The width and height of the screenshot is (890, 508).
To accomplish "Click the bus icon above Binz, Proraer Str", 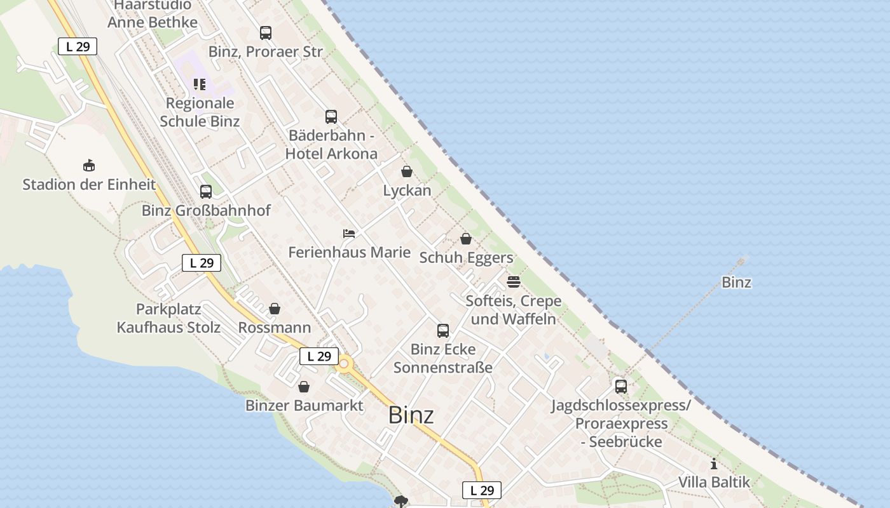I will point(266,33).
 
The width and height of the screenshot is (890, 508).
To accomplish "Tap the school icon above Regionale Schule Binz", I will point(200,84).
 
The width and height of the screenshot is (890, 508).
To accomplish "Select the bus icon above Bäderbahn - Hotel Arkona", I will point(331,117).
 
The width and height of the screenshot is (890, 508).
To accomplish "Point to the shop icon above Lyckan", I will point(407,171).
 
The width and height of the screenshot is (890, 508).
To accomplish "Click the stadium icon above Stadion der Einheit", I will point(89,166).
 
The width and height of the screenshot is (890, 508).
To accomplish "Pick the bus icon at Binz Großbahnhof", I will point(206,192).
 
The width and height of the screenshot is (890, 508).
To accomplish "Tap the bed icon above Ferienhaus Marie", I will point(349,234).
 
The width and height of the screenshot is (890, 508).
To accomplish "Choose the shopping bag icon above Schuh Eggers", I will point(466,239).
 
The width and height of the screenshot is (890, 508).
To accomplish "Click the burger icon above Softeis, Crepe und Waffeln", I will point(514,281).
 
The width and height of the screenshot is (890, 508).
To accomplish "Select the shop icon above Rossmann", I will point(275,309).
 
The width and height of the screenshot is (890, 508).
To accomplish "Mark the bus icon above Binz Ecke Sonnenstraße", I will point(443,331).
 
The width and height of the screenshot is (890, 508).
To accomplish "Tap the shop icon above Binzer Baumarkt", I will point(304,387).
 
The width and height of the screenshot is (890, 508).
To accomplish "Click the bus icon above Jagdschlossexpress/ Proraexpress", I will point(621,386).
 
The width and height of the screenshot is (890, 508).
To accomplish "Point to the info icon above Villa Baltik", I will point(714,464).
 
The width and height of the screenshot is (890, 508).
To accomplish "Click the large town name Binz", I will point(411,415).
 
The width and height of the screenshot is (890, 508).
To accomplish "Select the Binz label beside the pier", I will point(736,283).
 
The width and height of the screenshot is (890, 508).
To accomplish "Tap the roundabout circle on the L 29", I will point(345,364).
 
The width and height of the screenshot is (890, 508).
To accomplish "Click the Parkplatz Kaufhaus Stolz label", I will point(168,319).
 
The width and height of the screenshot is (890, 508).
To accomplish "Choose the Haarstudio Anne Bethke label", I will point(153,14).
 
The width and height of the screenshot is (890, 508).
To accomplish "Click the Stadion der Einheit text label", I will point(89,185).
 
